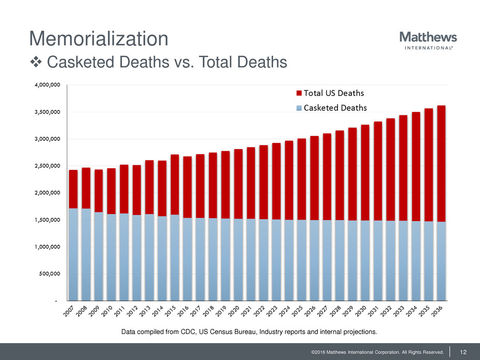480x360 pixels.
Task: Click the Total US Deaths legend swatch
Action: click(x=299, y=93)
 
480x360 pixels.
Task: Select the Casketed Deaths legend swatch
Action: click(x=299, y=108)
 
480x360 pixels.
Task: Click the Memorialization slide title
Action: click(x=99, y=39)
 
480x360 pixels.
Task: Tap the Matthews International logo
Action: click(x=427, y=40)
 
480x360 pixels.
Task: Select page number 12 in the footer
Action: click(x=464, y=351)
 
